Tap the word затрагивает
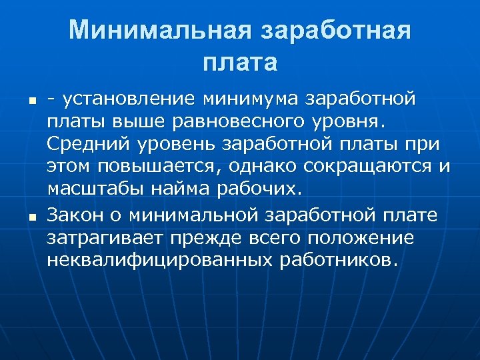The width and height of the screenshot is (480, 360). [104, 237]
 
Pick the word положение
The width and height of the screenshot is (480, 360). [363, 237]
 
